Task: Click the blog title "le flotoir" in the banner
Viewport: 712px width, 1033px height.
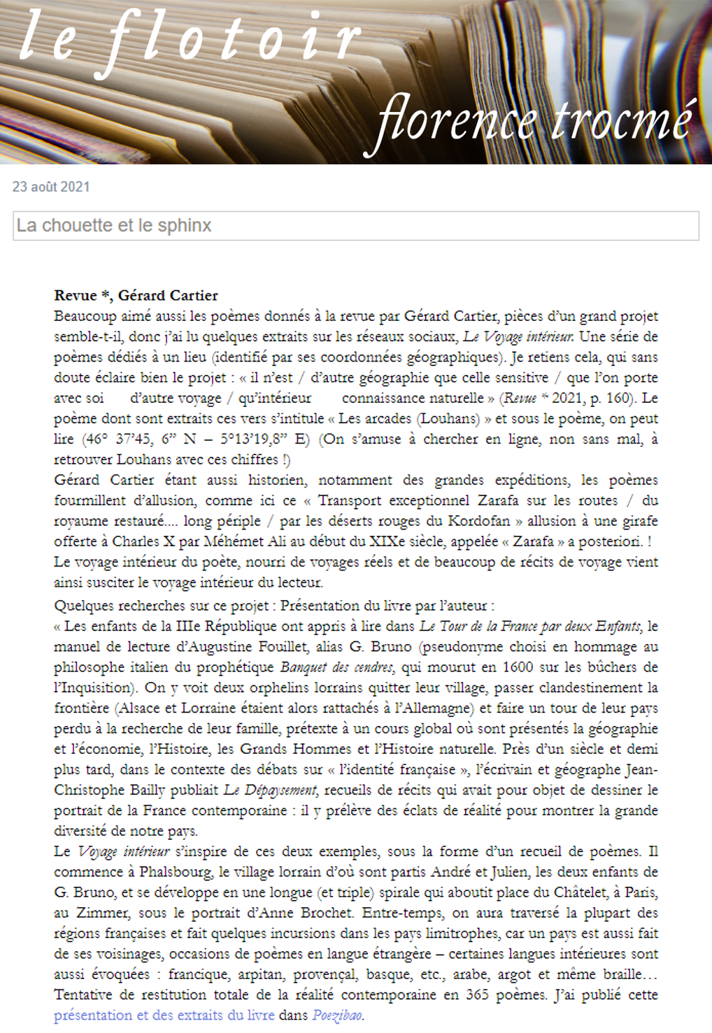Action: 189,38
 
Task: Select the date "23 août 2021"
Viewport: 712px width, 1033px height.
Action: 51,187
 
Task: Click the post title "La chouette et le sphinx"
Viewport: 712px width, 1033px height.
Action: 114,225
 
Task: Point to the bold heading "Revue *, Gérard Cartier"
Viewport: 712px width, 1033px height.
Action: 136,295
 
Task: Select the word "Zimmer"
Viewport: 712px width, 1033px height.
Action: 97,913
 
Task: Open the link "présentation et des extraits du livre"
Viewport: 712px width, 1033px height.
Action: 164,1015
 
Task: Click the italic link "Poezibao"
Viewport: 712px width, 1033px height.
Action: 337,1015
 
